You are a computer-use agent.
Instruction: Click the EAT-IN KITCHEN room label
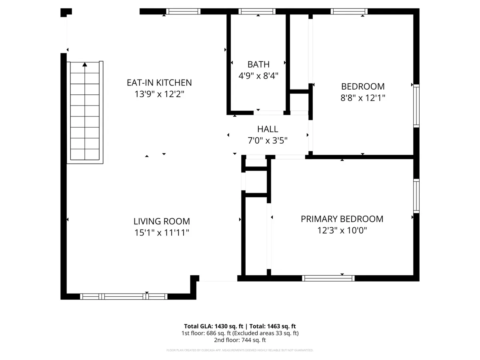(x=159, y=83)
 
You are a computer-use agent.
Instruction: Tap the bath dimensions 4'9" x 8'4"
(x=258, y=76)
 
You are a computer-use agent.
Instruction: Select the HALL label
(x=268, y=129)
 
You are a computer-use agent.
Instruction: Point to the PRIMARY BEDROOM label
(x=342, y=219)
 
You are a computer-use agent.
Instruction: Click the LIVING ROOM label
(x=162, y=222)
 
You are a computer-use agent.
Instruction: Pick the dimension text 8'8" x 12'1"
(x=362, y=98)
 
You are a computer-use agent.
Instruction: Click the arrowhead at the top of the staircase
(x=85, y=64)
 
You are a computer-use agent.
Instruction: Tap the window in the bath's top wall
(x=257, y=11)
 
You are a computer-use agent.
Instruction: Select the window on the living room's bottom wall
(x=124, y=297)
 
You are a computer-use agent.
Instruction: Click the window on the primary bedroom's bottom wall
(x=328, y=278)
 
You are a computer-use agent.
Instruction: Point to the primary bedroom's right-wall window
(x=416, y=196)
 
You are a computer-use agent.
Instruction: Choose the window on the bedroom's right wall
(x=416, y=106)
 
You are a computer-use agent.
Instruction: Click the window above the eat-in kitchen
(x=183, y=11)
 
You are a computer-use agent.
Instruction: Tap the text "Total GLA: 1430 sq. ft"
(x=214, y=326)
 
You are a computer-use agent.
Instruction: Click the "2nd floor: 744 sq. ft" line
(x=240, y=340)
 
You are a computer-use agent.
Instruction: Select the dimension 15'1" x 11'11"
(x=162, y=232)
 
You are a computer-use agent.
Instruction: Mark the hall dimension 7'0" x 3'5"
(x=268, y=140)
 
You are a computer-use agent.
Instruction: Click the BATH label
(x=258, y=64)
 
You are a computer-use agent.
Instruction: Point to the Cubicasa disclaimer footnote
(x=240, y=350)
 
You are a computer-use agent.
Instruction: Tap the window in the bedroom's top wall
(x=349, y=11)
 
